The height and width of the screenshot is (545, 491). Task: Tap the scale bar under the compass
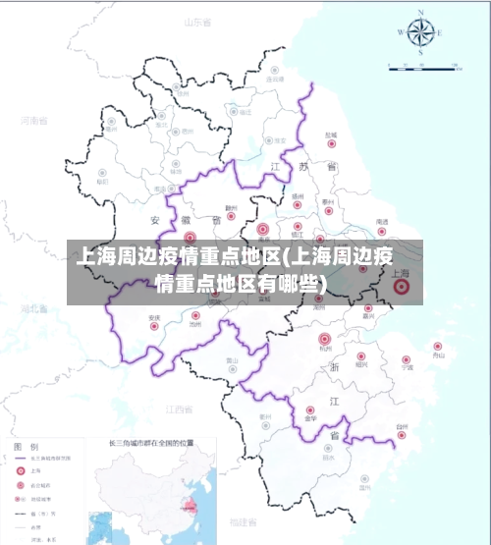click(x=424, y=67)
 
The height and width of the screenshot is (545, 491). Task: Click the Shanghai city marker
click(x=401, y=287)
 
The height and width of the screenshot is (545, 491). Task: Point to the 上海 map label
click(x=401, y=274)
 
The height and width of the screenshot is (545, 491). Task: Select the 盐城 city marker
click(x=331, y=143)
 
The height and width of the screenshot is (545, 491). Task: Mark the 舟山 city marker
click(x=438, y=346)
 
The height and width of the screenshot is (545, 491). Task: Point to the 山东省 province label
click(x=197, y=21)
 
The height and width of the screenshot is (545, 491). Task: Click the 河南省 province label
click(x=33, y=121)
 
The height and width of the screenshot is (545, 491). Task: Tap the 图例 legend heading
click(x=27, y=447)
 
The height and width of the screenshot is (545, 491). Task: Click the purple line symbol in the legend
click(x=21, y=459)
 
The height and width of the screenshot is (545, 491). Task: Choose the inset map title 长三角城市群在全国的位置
click(x=148, y=444)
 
